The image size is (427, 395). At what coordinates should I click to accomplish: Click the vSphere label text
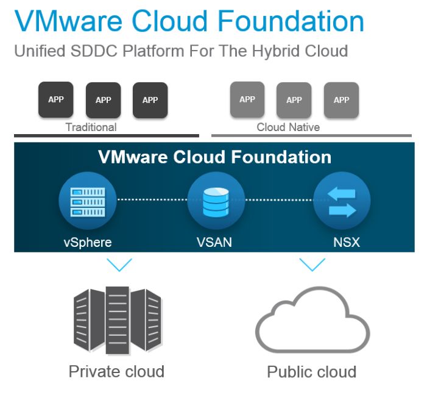pyautogui.click(x=88, y=242)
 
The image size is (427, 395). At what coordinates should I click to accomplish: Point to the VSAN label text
pyautogui.click(x=214, y=242)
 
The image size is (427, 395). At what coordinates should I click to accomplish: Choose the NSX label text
pyautogui.click(x=347, y=242)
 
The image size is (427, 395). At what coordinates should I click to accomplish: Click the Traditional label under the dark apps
pyautogui.click(x=91, y=127)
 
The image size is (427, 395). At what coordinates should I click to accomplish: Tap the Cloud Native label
pyautogui.click(x=288, y=127)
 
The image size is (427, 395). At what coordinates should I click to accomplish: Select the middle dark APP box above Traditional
pyautogui.click(x=104, y=100)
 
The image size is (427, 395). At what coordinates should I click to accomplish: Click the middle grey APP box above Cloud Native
pyautogui.click(x=294, y=100)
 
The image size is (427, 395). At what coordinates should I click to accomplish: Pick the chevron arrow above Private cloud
pyautogui.click(x=119, y=265)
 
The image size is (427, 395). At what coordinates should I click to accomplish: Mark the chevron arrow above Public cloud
pyautogui.click(x=312, y=265)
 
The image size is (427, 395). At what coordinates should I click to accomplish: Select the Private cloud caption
pyautogui.click(x=116, y=371)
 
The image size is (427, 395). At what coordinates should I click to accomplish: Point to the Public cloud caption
pyautogui.click(x=311, y=372)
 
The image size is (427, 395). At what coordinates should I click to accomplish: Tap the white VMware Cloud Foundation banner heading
pyautogui.click(x=214, y=157)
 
